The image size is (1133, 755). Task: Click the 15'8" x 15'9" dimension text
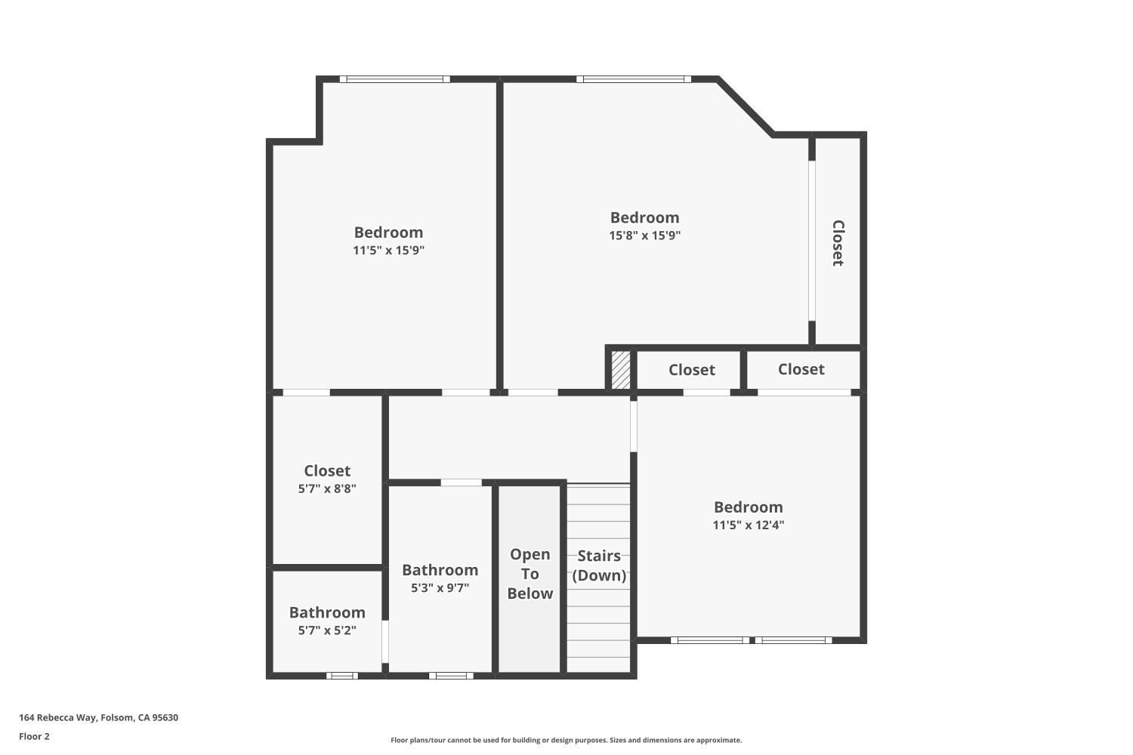(x=644, y=236)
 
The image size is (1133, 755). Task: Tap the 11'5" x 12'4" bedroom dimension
(x=748, y=525)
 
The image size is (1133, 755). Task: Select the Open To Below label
(x=529, y=574)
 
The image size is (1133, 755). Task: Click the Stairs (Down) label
(x=599, y=565)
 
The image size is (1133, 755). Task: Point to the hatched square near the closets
(x=620, y=370)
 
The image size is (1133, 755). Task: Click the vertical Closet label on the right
(x=838, y=242)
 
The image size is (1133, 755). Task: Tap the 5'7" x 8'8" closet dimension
(x=327, y=488)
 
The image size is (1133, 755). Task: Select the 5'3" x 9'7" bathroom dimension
(x=440, y=588)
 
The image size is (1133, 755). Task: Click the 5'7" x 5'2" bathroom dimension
(x=327, y=630)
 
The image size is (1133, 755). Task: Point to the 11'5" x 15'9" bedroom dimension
(x=388, y=251)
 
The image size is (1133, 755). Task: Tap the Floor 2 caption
(x=34, y=736)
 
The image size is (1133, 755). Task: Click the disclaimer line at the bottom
(x=566, y=741)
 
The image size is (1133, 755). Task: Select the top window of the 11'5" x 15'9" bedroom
(x=394, y=79)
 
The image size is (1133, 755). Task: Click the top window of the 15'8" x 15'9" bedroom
(x=633, y=79)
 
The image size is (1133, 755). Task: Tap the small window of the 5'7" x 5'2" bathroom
(x=342, y=676)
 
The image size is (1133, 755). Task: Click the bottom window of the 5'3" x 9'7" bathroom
(x=451, y=676)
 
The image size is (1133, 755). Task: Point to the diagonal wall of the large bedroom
(x=745, y=106)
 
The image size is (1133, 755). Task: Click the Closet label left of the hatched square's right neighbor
(x=691, y=370)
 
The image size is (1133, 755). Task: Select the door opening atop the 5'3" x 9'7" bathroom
(x=461, y=482)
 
